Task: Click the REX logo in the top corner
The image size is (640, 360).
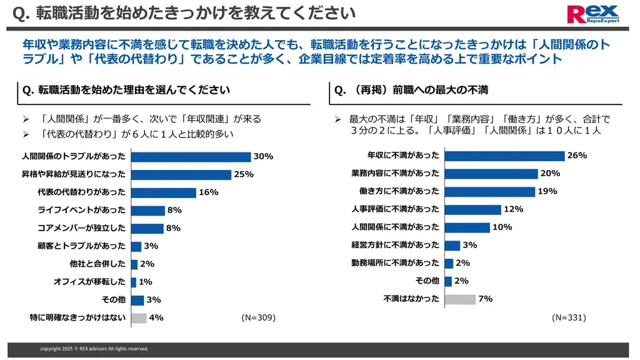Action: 592,13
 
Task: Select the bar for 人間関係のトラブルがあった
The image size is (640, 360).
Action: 191,157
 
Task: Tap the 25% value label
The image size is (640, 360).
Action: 243,174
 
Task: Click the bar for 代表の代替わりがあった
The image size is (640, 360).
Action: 164,192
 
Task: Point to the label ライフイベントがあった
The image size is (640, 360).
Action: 82,211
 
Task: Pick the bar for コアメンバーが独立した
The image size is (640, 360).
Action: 147,229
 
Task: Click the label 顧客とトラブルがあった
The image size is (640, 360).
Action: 82,246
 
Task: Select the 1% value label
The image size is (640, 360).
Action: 146,282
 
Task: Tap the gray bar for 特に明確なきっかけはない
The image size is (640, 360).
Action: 138,317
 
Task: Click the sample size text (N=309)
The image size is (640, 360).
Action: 258,317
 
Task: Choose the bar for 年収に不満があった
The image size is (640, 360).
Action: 504,156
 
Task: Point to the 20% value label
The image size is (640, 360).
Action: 550,174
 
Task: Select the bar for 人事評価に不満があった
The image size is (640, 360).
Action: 472,209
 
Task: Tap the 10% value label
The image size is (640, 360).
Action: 502,227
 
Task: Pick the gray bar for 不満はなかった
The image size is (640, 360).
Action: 460,299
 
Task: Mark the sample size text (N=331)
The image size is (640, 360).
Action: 568,317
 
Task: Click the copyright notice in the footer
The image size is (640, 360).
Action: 94,349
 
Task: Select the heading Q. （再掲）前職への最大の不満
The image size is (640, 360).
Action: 411,91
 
